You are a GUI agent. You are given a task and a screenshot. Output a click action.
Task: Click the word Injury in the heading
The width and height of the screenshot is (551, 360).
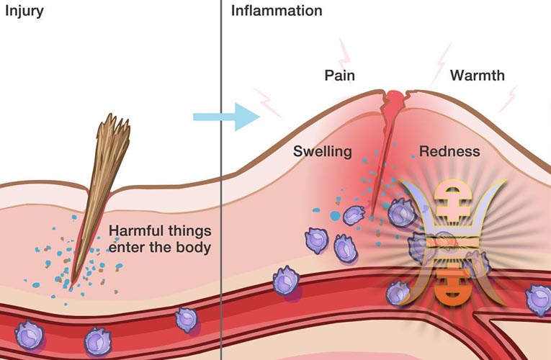(24, 11)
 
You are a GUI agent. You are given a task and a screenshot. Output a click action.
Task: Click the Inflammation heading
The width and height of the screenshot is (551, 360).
(277, 10)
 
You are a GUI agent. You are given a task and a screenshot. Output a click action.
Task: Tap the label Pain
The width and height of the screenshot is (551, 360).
(339, 75)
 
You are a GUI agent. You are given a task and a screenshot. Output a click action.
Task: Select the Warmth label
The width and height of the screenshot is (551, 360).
(478, 75)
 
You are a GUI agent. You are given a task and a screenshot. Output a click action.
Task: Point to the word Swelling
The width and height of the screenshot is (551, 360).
(323, 151)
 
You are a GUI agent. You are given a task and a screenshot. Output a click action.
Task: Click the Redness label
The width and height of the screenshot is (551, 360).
(449, 151)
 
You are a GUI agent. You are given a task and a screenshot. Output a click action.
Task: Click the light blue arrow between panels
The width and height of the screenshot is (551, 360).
(226, 117)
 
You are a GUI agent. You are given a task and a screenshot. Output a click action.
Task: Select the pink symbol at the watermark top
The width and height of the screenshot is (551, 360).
(452, 201)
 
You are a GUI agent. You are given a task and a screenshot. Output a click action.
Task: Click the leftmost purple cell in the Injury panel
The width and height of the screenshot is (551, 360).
(29, 335)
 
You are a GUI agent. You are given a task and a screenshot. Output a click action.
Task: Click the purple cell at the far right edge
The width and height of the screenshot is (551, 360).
(539, 300)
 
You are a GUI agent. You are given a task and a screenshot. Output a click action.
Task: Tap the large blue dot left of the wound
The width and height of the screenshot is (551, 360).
(335, 216)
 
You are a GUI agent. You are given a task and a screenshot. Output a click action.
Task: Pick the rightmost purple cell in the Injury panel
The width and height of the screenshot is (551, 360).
(187, 320)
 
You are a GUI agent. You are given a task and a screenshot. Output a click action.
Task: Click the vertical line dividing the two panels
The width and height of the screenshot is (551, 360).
(221, 180)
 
